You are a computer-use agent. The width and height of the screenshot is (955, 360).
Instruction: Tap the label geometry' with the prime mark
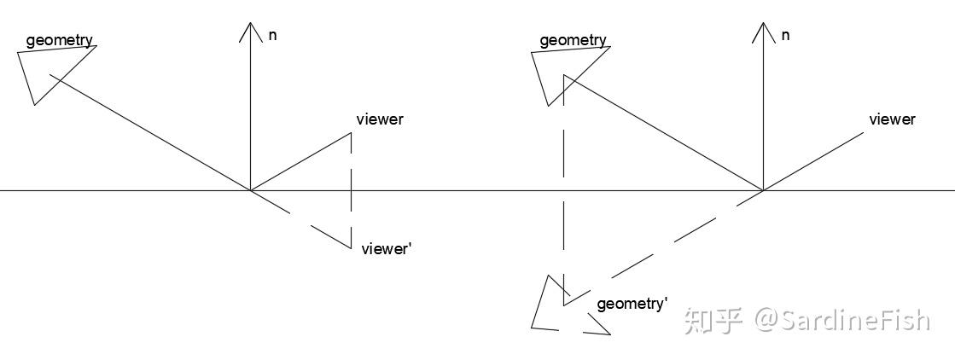(x=632, y=304)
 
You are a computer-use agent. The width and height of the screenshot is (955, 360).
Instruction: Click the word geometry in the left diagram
(x=60, y=41)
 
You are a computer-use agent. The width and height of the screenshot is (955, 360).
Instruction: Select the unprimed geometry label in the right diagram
(x=574, y=41)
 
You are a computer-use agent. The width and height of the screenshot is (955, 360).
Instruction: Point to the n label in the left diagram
(x=272, y=35)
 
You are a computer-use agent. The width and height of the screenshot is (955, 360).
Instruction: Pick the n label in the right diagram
(x=786, y=35)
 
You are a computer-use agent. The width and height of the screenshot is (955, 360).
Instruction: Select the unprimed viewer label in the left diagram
(x=380, y=119)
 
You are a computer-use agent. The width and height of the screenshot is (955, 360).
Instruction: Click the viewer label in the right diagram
(x=892, y=119)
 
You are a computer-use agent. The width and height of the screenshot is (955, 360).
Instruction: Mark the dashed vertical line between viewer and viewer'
(x=351, y=190)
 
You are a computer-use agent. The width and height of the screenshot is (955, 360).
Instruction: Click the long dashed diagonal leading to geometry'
(x=663, y=248)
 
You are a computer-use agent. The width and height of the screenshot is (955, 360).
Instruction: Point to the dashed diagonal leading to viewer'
(x=301, y=219)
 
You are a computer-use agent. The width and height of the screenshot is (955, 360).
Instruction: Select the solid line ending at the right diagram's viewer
(x=813, y=161)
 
